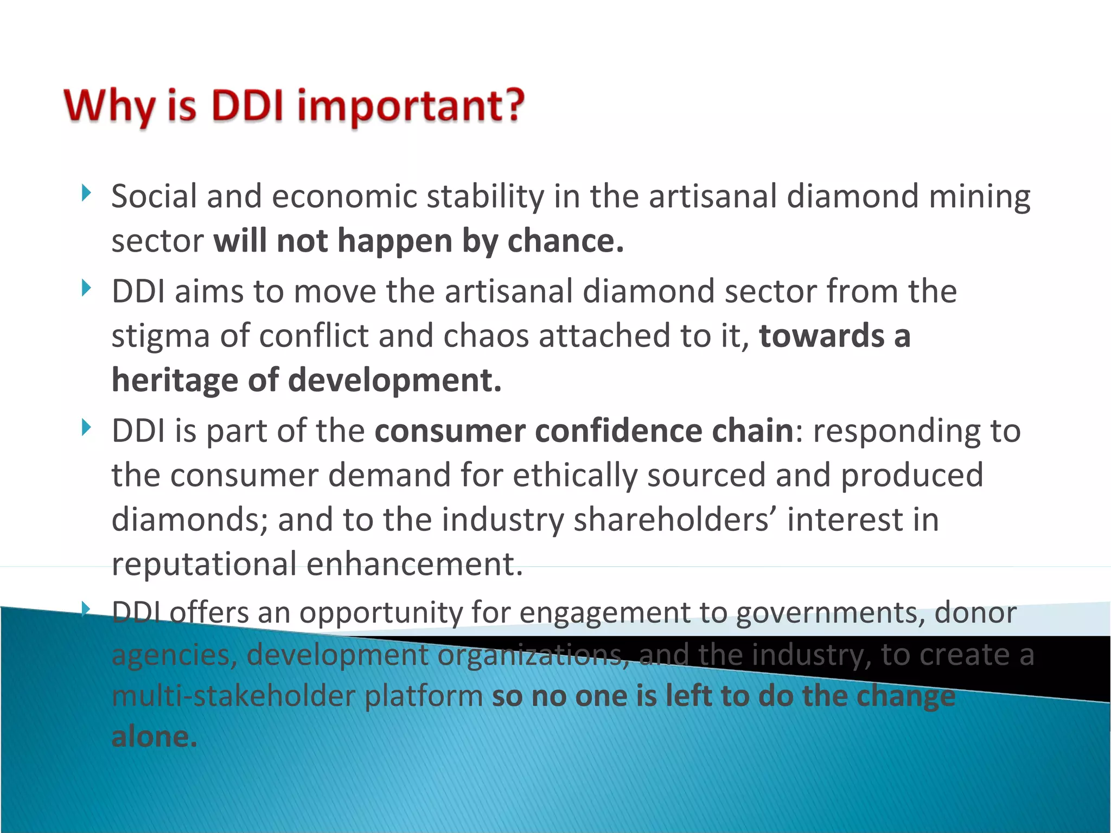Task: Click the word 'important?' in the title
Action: [411, 106]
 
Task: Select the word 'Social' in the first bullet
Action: [154, 196]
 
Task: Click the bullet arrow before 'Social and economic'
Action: [86, 193]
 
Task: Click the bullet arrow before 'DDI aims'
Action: [86, 288]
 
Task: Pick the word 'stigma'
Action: [161, 336]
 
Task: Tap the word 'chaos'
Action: [486, 336]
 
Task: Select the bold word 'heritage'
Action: [175, 380]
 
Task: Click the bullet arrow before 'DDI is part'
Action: [86, 427]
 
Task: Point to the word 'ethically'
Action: [574, 476]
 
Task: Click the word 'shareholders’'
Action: [675, 520]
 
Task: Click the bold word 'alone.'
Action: [154, 737]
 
